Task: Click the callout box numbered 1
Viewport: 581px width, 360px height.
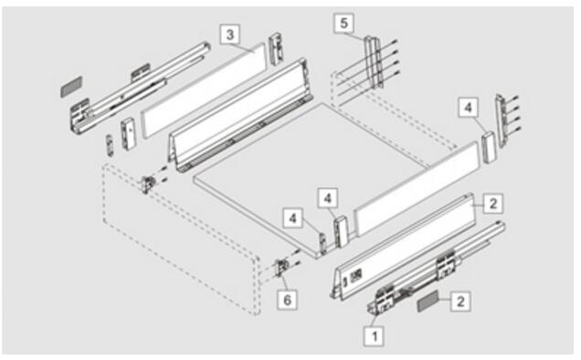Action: coord(375,336)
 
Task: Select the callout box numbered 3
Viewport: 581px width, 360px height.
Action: coord(229,35)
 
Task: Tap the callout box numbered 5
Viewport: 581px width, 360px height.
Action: coord(344,23)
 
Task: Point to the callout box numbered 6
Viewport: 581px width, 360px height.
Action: coord(287,300)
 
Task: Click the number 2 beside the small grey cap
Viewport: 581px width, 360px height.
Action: coord(460,301)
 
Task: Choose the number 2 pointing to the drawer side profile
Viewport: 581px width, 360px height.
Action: coord(492,203)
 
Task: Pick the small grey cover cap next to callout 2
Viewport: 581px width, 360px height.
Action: coord(428,301)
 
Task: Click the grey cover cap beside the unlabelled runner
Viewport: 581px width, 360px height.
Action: coord(71,87)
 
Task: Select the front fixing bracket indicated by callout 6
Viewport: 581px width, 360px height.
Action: coord(281,269)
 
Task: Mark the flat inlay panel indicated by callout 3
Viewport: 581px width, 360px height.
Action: coord(205,90)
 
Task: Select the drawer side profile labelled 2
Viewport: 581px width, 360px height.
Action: coord(404,245)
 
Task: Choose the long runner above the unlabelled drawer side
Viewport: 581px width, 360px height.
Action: coord(141,86)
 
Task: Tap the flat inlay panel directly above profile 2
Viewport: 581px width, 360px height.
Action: coord(417,189)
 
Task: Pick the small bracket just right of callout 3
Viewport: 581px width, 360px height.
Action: coord(276,49)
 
